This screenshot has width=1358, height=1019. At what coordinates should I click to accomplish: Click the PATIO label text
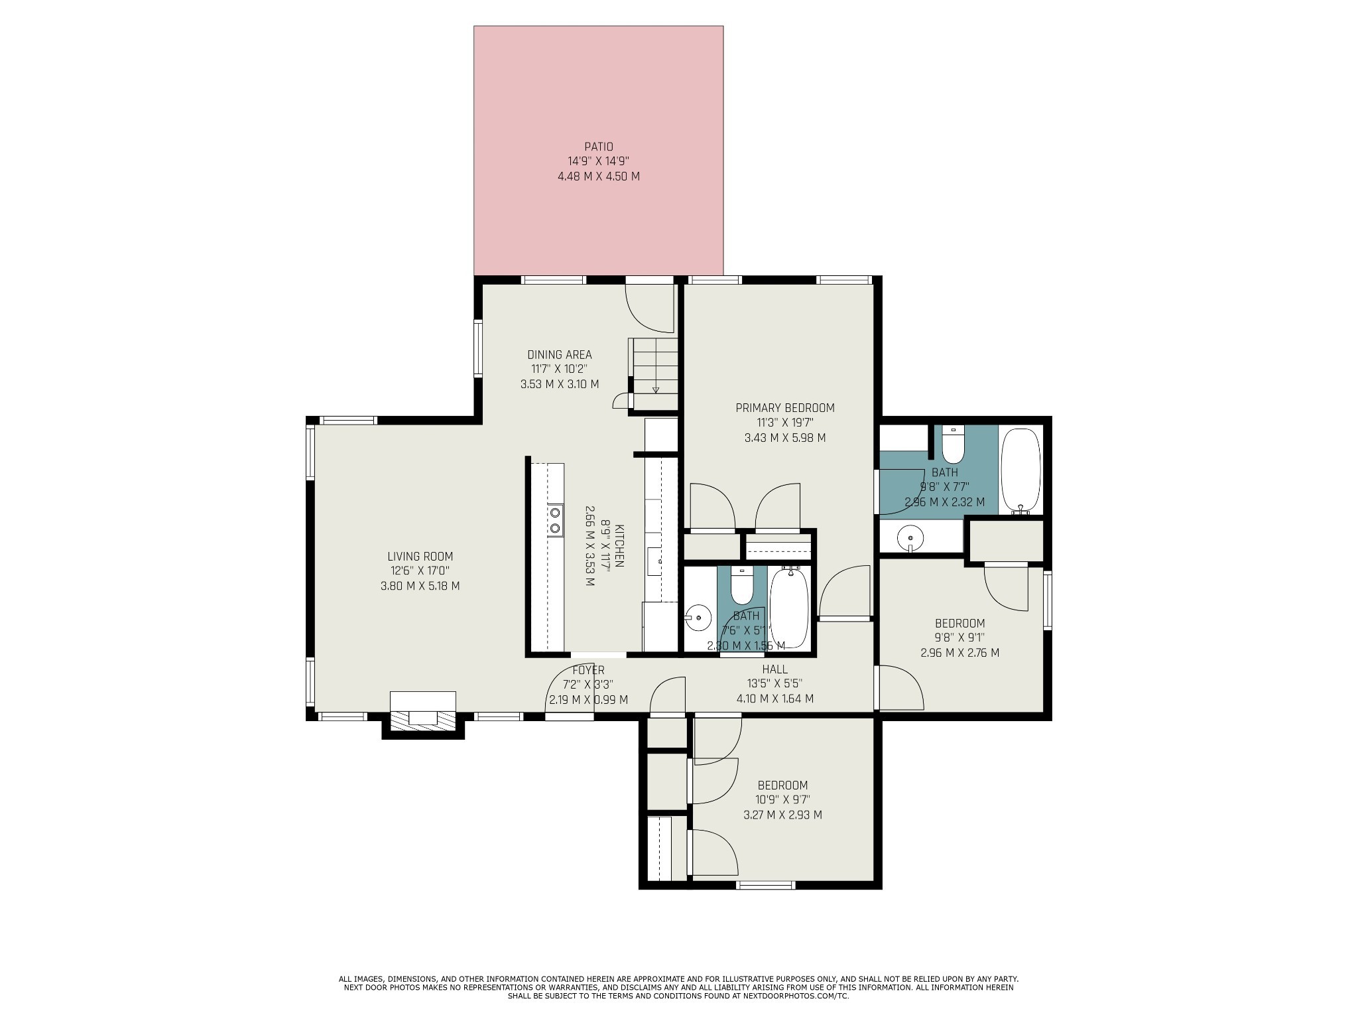pyautogui.click(x=598, y=147)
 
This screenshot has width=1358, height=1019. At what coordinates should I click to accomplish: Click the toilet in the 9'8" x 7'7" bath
pyautogui.click(x=953, y=445)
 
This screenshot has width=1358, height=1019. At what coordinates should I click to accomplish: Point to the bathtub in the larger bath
pyautogui.click(x=1020, y=470)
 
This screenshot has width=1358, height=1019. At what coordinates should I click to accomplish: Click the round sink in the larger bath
pyautogui.click(x=912, y=537)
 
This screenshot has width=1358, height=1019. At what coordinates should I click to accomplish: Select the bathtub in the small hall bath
pyautogui.click(x=789, y=607)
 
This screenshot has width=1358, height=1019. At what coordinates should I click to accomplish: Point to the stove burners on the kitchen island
pyautogui.click(x=555, y=520)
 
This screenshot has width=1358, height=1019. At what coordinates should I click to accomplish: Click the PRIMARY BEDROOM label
pyautogui.click(x=784, y=408)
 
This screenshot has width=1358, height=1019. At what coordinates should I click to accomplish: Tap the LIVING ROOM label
pyautogui.click(x=420, y=557)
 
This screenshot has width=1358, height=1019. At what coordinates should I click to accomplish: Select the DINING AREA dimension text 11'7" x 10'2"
pyautogui.click(x=559, y=370)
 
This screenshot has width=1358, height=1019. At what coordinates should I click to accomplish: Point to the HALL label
pyautogui.click(x=774, y=669)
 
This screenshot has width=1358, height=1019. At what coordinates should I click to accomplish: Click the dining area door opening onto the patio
pyautogui.click(x=650, y=306)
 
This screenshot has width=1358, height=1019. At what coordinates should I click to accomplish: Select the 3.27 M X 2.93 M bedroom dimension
pyautogui.click(x=782, y=815)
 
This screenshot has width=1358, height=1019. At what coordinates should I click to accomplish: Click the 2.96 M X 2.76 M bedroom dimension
pyautogui.click(x=959, y=653)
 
